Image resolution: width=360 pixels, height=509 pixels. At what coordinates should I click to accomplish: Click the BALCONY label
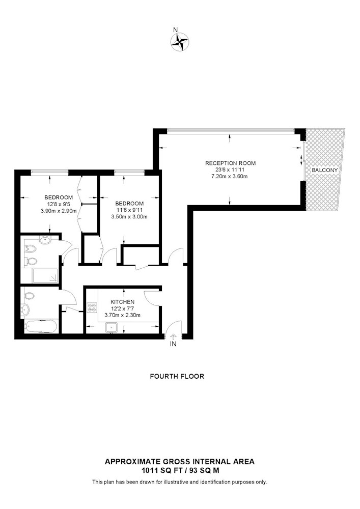pos(325,170)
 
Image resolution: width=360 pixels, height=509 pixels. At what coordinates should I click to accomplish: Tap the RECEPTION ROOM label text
pos(230,163)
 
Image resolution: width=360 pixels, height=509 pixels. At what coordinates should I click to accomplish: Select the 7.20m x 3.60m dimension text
pos(229,177)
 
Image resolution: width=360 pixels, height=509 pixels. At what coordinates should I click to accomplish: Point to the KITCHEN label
pos(122,302)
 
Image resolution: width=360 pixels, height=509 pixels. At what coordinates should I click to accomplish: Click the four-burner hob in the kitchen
pos(92,307)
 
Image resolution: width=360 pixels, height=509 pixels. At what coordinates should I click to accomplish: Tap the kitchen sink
pos(111,328)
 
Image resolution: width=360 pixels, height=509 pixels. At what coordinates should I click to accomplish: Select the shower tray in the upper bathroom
pos(45,275)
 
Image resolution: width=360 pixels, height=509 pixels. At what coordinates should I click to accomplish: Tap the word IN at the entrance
pos(173,344)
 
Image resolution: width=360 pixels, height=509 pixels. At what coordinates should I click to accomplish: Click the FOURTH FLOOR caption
pos(177,376)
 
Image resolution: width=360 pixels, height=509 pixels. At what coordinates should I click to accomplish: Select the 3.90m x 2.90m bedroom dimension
pos(59,211)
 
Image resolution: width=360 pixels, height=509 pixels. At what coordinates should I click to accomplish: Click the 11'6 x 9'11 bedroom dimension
pos(129,210)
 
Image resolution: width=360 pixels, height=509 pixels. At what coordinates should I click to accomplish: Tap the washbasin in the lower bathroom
pos(25,309)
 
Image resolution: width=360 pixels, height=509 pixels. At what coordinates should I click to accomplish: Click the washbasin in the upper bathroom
pos(45,240)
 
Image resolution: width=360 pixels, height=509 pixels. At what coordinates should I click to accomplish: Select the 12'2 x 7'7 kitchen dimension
pos(123,308)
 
